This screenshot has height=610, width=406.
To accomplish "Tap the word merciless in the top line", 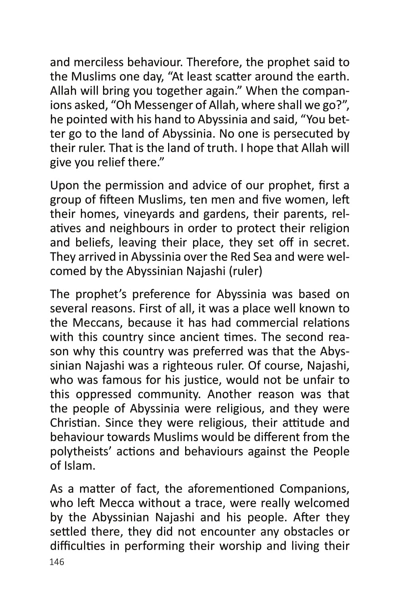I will (98, 62).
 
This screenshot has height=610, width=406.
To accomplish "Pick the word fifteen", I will (110, 200).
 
